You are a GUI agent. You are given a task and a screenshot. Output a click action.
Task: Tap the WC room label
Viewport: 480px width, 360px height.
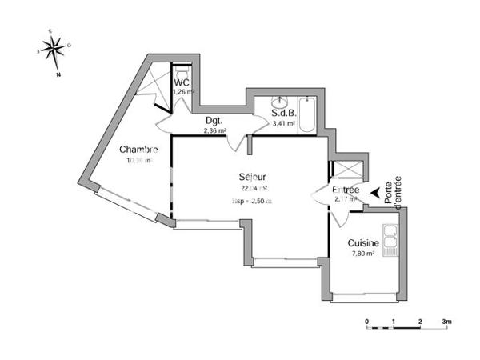(181, 82)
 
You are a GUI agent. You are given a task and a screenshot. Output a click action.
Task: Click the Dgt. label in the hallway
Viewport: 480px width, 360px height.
(213, 122)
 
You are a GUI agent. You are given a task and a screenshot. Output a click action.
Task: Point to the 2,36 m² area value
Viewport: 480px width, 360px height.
(214, 130)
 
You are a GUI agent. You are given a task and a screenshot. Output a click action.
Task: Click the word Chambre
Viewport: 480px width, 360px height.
(138, 150)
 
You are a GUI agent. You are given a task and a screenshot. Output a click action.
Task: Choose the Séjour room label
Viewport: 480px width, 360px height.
(251, 177)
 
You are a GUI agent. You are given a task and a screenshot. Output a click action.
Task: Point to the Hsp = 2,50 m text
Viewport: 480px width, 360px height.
(251, 201)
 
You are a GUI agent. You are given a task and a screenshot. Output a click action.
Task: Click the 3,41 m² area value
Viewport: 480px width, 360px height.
(284, 124)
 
